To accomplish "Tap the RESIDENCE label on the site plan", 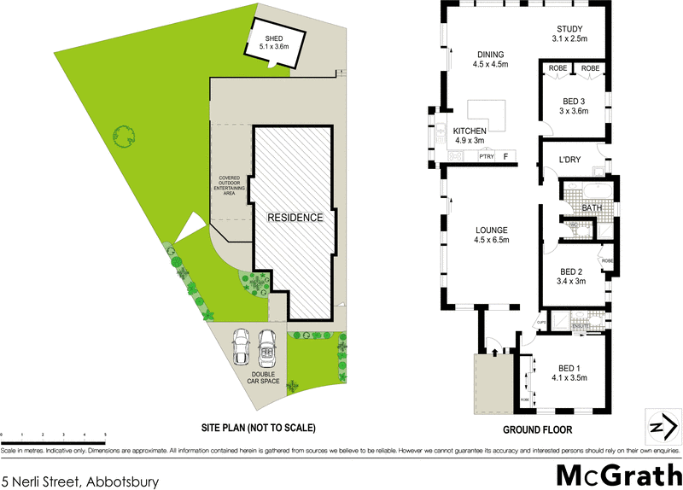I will pos(296,217).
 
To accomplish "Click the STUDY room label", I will pos(569,34).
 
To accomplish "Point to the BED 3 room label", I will pos(573,105).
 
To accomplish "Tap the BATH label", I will pos(593,208).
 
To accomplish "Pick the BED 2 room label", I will pos(569,277).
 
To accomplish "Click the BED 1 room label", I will pos(568,371).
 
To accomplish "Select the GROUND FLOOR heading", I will pos(538,430).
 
